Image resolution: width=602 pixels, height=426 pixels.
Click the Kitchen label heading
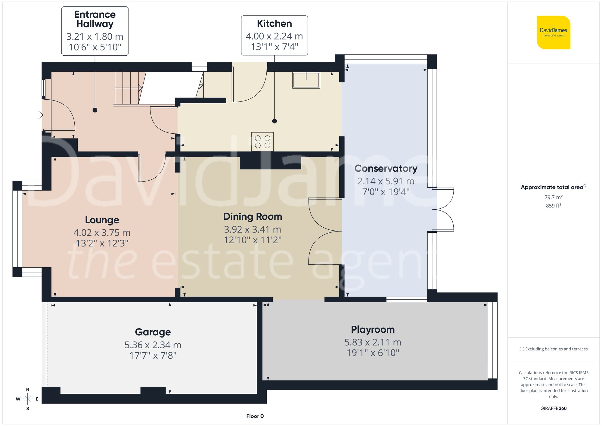click(274, 23)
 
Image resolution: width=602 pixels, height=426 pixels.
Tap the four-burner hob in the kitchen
click(262, 142)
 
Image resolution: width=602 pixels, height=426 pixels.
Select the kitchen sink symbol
click(306, 80)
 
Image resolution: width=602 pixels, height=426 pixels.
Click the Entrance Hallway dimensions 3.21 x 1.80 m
click(95, 37)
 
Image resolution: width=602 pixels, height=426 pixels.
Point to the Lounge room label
click(102, 220)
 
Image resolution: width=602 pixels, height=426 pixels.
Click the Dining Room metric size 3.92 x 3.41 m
click(252, 229)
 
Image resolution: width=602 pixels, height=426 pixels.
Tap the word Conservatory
click(386, 169)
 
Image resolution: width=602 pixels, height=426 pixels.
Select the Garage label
click(153, 332)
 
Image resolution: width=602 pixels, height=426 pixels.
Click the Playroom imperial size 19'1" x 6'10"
click(373, 353)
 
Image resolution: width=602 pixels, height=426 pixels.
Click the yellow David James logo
click(553, 33)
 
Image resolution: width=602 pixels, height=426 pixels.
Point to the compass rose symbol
click(27, 399)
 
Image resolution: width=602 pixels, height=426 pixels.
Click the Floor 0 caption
click(255, 416)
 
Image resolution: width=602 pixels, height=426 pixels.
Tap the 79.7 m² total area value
click(553, 197)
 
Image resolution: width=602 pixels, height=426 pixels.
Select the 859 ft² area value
click(553, 206)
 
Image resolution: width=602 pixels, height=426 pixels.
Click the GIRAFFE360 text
click(553, 409)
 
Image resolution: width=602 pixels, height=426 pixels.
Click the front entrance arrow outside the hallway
click(39, 115)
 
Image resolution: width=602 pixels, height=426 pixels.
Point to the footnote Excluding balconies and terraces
click(553, 349)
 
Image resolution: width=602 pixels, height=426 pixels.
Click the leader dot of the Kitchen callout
click(274, 121)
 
